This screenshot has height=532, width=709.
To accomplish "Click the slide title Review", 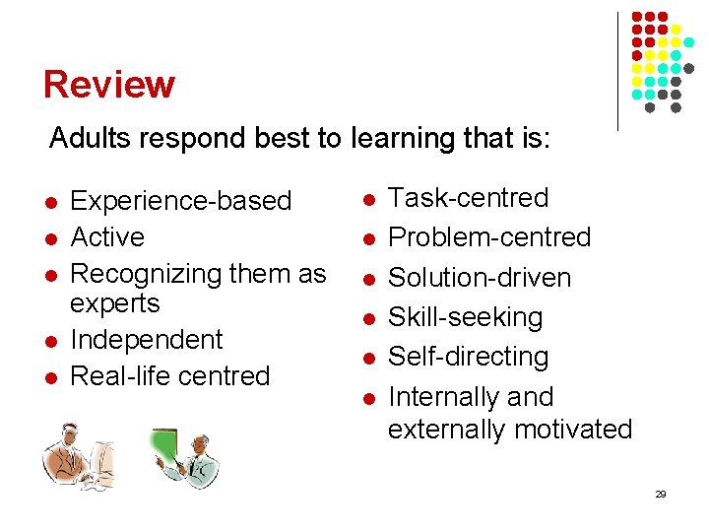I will point(108,85).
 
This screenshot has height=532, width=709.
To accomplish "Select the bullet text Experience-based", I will point(182,201).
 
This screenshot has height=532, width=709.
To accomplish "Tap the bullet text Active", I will point(108,237).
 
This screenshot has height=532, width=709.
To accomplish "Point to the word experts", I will point(116,303).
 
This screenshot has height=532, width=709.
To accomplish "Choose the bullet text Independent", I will point(148,340).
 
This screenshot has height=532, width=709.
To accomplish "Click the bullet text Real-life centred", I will point(171,376).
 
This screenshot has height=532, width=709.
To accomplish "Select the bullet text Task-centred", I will point(469,198).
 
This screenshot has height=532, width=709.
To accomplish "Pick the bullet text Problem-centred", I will point(489,237).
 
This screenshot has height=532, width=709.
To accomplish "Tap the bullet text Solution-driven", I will point(480,278).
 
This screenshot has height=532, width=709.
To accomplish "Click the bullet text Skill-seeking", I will point(466,317).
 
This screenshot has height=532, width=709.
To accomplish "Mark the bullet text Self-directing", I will point(469,357).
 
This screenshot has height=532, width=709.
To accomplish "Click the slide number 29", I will point(660,494).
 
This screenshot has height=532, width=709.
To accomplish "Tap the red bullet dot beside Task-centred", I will point(367,200).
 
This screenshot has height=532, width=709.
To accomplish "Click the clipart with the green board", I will point(185,457).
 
